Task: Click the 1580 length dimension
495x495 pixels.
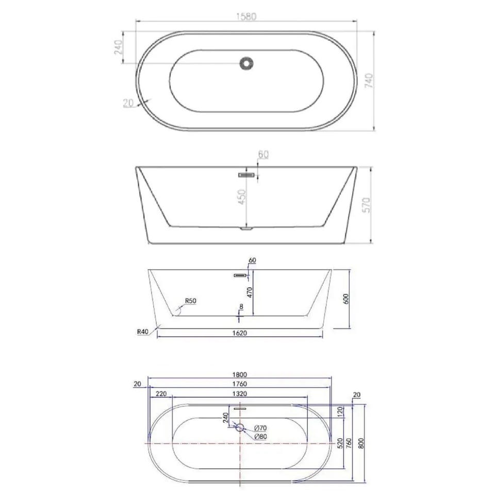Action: pyautogui.click(x=246, y=16)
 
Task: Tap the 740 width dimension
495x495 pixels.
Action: pyautogui.click(x=368, y=80)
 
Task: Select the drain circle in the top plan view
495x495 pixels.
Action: pyautogui.click(x=246, y=63)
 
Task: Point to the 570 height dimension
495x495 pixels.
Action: pyautogui.click(x=366, y=205)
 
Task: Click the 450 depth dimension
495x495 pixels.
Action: pyautogui.click(x=242, y=196)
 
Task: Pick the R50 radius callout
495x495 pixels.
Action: pyautogui.click(x=190, y=301)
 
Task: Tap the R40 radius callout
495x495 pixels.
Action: pyautogui.click(x=143, y=332)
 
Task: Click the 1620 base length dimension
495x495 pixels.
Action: pyautogui.click(x=240, y=333)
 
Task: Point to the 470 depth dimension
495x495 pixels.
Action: pyautogui.click(x=250, y=293)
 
